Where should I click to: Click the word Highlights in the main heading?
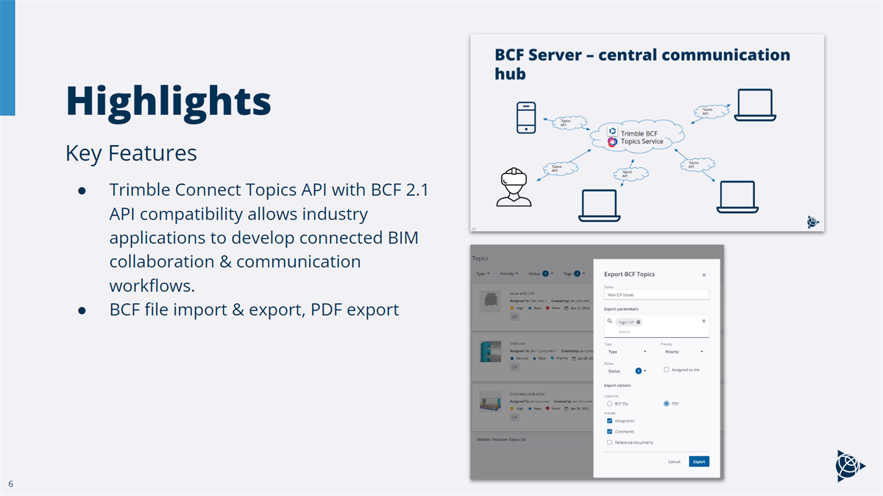click(x=168, y=101)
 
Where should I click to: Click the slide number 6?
click(x=11, y=483)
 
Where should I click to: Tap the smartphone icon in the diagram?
click(x=526, y=118)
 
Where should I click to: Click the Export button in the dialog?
click(x=698, y=461)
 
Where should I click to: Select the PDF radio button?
click(x=667, y=403)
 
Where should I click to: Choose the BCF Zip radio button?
click(x=609, y=403)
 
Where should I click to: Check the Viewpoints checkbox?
click(x=609, y=420)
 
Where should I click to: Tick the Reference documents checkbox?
click(x=609, y=442)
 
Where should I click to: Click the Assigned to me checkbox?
click(x=667, y=369)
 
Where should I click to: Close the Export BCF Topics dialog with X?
click(x=703, y=274)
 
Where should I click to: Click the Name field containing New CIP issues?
click(x=656, y=294)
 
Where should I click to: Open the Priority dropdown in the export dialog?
click(x=682, y=352)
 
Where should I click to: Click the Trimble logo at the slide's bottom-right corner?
click(x=850, y=465)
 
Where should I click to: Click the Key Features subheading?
click(x=131, y=153)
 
